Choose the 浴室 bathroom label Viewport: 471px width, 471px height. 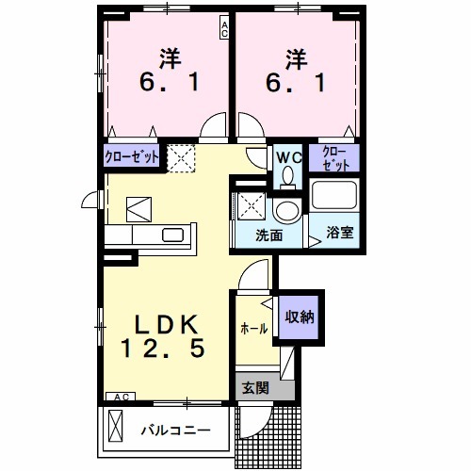coord(340,232)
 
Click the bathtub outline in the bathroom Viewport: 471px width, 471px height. coord(335,196)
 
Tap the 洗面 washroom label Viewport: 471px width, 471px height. coord(269,235)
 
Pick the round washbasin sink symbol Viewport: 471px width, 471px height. coord(286,209)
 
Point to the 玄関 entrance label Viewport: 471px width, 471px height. coord(254,386)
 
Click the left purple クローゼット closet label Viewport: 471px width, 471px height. coord(132,154)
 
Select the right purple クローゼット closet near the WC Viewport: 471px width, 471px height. coord(333,157)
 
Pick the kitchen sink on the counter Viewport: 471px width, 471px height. coord(173,235)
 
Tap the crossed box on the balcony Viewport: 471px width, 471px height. coord(116,428)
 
